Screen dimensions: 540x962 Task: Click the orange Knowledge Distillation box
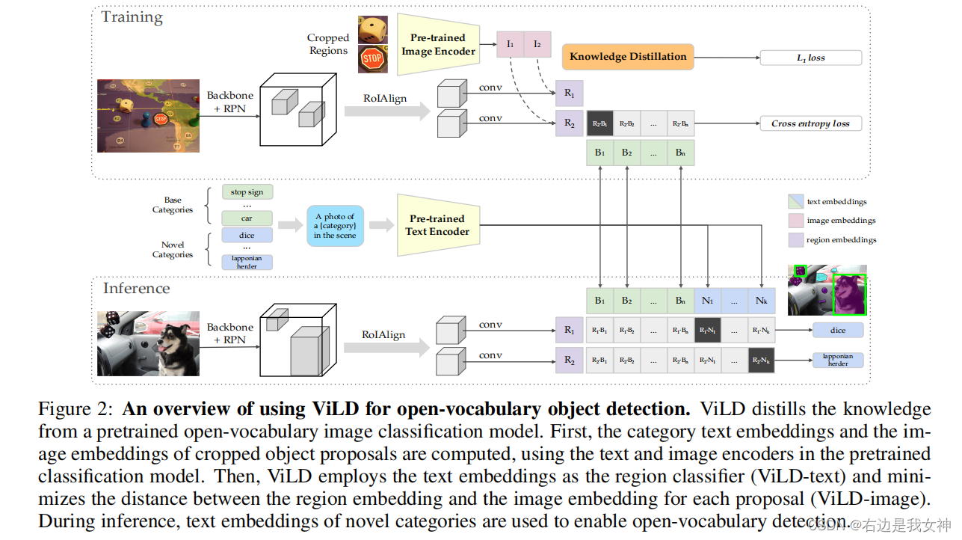click(628, 57)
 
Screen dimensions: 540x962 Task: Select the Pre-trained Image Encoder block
click(438, 45)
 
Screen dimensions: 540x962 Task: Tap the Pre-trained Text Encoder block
click(437, 225)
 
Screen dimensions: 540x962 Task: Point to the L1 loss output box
click(810, 58)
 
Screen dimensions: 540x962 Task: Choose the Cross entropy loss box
click(810, 124)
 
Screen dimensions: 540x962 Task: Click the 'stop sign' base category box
click(247, 192)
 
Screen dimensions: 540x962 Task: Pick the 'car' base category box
click(247, 218)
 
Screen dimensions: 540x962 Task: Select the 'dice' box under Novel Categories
click(247, 235)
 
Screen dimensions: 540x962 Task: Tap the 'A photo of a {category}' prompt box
click(335, 226)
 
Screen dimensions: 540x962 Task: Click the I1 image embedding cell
click(511, 45)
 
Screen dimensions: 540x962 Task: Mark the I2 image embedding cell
click(537, 45)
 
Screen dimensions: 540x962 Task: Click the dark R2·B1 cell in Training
click(599, 124)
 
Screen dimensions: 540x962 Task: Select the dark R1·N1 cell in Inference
click(707, 330)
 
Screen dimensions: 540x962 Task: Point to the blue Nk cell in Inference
click(761, 301)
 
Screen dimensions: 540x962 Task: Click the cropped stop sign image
click(372, 58)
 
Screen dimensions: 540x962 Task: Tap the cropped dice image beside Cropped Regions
click(372, 30)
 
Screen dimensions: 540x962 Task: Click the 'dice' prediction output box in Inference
click(837, 330)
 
